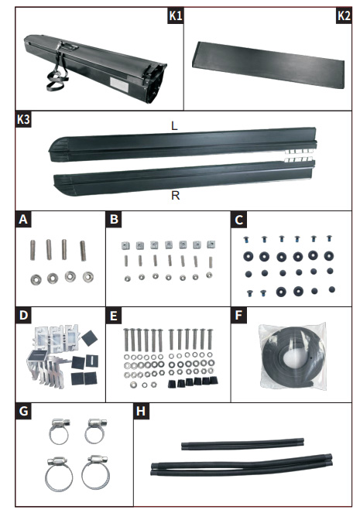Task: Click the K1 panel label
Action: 176,15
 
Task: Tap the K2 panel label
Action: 344,15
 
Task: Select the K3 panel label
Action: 23,119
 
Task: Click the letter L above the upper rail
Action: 174,125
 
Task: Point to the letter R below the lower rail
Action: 176,195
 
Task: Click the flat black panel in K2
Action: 269,64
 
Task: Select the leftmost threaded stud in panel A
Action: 33,250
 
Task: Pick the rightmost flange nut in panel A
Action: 88,277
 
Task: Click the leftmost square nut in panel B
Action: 126,245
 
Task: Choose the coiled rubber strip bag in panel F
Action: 293,356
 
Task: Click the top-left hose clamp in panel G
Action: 60,430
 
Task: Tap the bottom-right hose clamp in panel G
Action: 95,472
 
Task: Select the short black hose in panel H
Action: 242,445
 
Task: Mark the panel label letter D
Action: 23,315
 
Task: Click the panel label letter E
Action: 114,316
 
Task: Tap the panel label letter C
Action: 239,220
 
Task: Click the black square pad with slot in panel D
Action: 92,361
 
